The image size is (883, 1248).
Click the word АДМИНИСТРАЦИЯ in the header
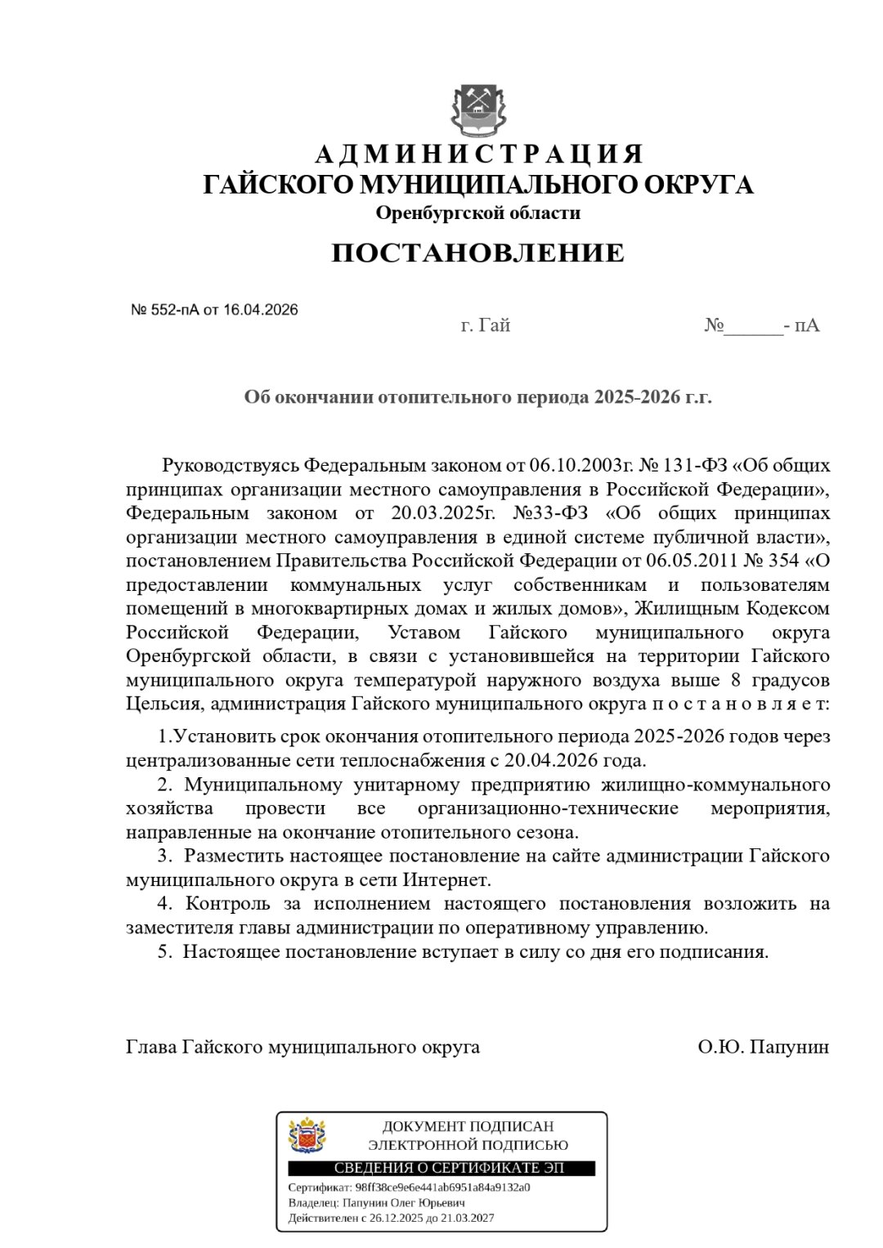click(x=479, y=154)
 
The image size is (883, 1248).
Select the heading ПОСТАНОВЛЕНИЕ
click(x=477, y=253)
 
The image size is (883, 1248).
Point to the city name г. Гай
click(x=486, y=325)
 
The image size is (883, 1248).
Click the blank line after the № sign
click(x=753, y=327)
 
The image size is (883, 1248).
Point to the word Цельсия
click(x=158, y=704)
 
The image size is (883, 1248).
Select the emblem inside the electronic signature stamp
click(x=307, y=1136)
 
